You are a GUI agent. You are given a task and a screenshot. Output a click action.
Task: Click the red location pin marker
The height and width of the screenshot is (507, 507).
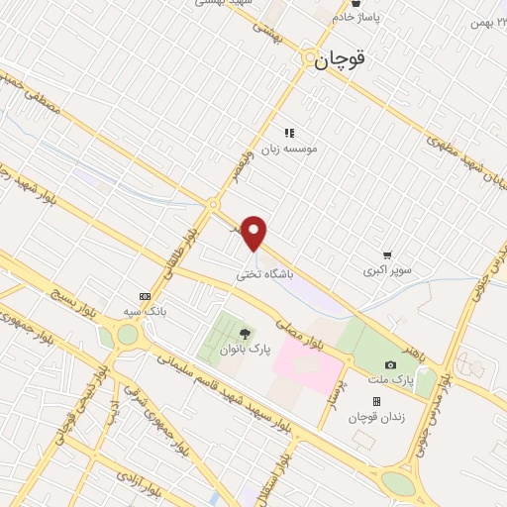255,234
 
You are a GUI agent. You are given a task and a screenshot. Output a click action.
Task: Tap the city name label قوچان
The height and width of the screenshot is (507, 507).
342,59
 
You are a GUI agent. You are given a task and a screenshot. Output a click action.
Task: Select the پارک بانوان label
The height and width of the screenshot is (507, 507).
245,349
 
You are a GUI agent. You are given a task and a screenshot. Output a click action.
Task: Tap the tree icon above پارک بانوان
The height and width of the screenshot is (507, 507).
245,330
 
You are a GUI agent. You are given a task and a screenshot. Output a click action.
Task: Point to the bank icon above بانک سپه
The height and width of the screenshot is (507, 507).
146,296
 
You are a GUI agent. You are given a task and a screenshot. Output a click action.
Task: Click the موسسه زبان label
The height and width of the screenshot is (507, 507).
289,148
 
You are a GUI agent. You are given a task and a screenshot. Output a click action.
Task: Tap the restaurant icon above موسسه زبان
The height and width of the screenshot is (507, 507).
289,132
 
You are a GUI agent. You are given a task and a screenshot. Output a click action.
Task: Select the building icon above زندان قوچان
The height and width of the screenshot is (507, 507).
376,401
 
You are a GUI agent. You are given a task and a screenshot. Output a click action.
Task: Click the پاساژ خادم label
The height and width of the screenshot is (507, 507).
356,17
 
